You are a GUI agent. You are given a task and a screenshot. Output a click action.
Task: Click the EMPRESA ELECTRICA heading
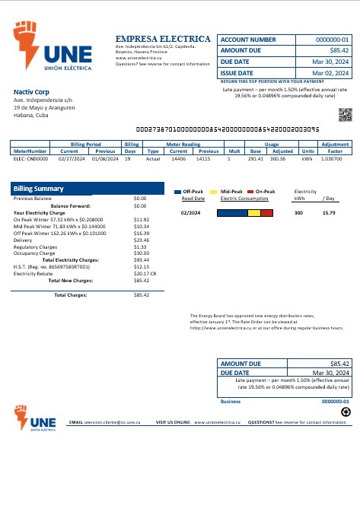(x=163, y=39)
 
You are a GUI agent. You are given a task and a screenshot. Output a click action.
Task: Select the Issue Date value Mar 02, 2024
(x=332, y=73)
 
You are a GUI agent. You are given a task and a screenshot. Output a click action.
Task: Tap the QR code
(x=346, y=115)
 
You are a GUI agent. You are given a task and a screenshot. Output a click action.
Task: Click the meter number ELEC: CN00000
(x=30, y=159)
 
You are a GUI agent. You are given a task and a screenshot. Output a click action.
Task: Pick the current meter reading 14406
(x=178, y=159)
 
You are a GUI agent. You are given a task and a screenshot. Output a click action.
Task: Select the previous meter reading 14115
(x=203, y=159)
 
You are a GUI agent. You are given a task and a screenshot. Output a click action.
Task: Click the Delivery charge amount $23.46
(x=141, y=240)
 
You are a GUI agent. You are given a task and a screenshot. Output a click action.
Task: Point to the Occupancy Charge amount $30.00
(x=141, y=253)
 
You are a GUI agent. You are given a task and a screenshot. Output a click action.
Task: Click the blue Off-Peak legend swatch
(x=177, y=192)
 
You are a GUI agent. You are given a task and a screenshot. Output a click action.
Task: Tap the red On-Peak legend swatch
(x=250, y=192)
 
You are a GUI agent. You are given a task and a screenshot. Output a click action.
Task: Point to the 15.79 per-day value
(x=329, y=213)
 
